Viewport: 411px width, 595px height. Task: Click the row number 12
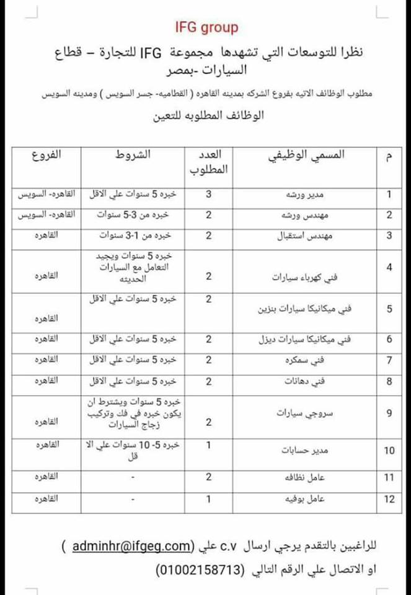tap(389, 499)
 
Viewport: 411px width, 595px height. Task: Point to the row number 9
tap(389, 412)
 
